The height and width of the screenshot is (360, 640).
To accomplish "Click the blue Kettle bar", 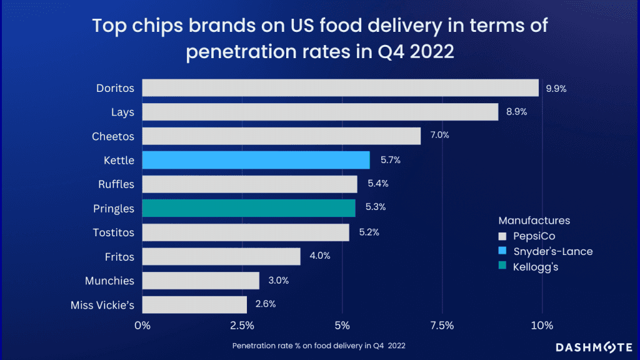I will click(256, 160).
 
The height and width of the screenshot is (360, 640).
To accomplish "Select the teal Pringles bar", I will click(248, 208).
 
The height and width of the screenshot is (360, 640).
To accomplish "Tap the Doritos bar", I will click(340, 88).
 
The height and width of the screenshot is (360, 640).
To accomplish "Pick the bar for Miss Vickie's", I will click(194, 304).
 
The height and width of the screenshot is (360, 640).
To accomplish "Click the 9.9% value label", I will click(556, 89).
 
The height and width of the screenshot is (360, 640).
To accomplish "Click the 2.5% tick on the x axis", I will click(242, 326).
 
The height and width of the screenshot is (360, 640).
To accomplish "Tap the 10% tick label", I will click(542, 326).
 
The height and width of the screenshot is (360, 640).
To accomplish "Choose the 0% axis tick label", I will click(142, 326).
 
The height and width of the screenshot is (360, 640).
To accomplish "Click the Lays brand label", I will click(121, 112).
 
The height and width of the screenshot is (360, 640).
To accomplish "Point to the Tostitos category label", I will click(112, 232).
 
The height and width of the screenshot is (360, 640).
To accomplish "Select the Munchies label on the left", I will click(109, 281).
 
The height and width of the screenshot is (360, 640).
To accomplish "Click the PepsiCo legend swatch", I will click(502, 236).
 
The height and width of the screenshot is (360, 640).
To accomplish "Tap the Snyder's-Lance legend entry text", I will click(553, 251).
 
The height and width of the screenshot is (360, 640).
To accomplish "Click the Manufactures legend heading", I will click(534, 221).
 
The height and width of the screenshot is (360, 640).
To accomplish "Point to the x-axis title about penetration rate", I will click(322, 346).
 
